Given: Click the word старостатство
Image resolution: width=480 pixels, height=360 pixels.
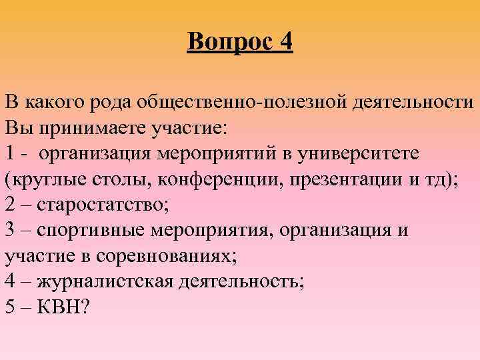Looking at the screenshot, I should (103, 205).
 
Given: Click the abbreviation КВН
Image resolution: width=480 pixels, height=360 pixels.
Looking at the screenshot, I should (63, 306).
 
